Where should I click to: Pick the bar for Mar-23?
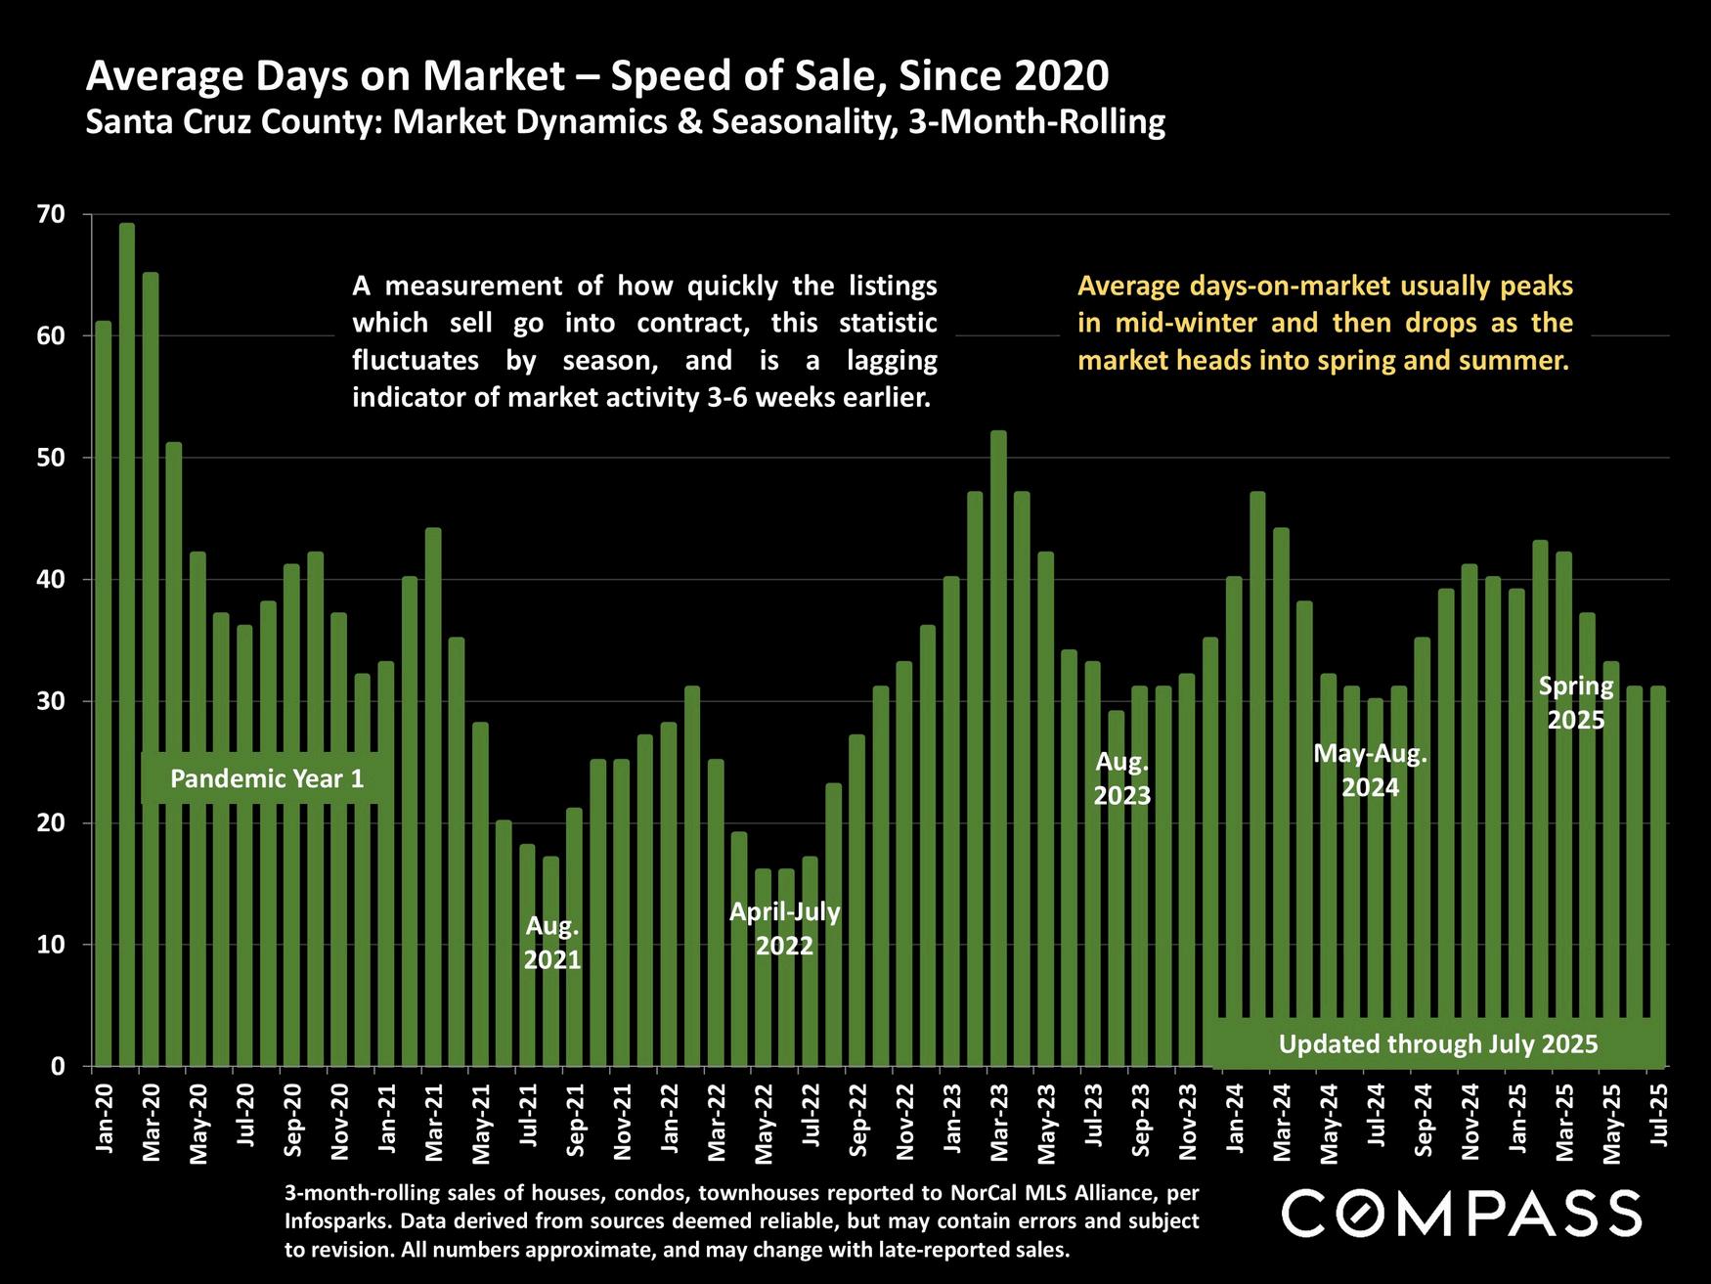[x=998, y=748]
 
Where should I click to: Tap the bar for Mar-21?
[x=433, y=796]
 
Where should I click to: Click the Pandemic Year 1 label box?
[x=267, y=778]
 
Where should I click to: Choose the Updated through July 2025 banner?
[x=1437, y=1043]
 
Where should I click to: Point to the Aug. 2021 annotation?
[x=552, y=942]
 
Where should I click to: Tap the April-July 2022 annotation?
[x=785, y=928]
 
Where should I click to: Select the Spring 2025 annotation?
[x=1576, y=702]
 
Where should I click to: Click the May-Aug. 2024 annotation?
[x=1370, y=770]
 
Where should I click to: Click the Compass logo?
[x=1461, y=1214]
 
